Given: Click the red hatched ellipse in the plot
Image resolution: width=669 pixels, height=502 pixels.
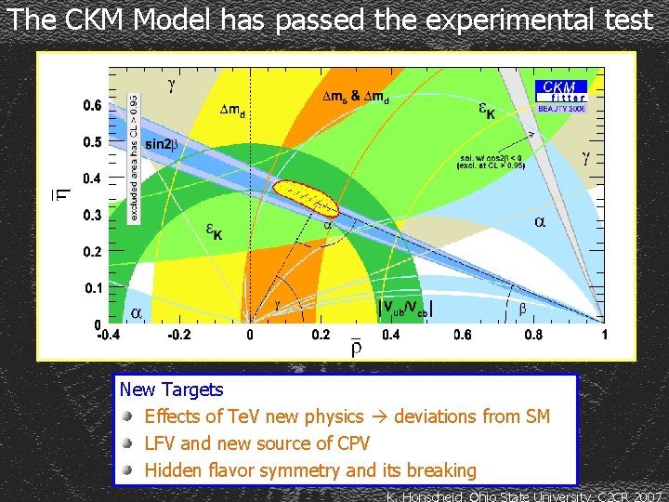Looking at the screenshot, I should point(311,196).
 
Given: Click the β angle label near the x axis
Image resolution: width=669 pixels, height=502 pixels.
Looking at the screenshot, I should point(521,307).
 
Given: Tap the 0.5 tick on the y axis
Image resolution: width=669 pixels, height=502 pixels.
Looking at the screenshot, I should point(91,142).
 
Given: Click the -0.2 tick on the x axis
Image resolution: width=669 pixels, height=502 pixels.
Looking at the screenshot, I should point(180,335).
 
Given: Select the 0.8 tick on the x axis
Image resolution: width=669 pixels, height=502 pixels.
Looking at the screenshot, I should point(533,335).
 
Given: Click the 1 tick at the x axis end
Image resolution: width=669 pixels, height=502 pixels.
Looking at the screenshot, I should point(604,335).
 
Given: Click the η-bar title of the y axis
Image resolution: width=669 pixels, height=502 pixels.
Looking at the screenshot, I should point(59,192).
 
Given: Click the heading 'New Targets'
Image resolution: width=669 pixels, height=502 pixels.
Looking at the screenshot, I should point(171,390).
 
